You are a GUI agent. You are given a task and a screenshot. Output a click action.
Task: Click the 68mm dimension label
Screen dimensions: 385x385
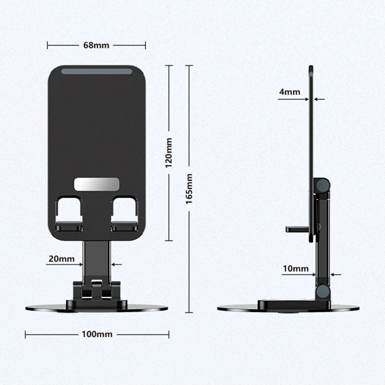(x=96, y=45)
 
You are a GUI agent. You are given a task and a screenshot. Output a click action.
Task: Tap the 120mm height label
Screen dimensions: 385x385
(x=169, y=153)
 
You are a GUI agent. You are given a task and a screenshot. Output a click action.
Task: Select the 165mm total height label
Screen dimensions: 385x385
(x=189, y=189)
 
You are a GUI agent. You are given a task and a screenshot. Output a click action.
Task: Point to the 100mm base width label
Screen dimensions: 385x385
(x=97, y=334)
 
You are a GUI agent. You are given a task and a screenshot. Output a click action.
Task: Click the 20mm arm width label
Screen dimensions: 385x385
(x=62, y=259)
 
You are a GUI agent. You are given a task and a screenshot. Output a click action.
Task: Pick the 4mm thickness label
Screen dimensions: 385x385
(x=290, y=92)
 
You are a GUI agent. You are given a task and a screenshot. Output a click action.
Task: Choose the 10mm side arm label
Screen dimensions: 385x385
(x=295, y=269)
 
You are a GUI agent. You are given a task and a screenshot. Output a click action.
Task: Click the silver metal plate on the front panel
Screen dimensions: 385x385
(x=97, y=184)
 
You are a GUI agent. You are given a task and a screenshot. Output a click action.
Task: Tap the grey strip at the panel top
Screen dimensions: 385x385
(x=97, y=71)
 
